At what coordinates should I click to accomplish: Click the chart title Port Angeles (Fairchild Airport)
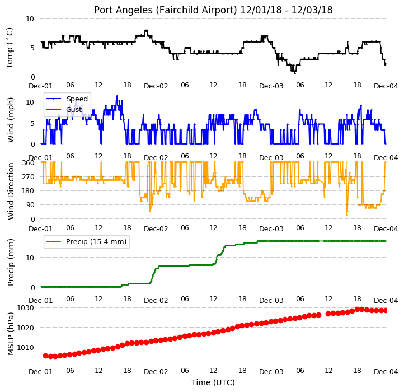tap(166, 10)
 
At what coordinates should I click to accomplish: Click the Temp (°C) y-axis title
tap(10, 48)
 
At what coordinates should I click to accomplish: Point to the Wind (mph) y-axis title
tap(10, 120)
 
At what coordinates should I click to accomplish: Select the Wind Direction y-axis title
tap(10, 191)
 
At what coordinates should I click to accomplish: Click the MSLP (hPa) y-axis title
tap(10, 334)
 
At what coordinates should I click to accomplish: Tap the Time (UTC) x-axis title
tap(213, 382)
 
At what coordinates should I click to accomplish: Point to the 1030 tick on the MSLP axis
tap(25, 307)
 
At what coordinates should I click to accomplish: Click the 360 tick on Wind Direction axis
tap(28, 163)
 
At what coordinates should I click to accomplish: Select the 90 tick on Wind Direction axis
tap(30, 205)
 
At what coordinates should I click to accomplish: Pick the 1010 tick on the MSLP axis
tap(25, 347)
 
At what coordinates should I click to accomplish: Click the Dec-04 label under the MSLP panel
tap(386, 372)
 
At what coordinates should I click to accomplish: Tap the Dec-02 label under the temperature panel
tap(156, 86)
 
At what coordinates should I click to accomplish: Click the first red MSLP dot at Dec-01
tap(46, 356)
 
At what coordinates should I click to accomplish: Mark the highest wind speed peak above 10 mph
tap(117, 96)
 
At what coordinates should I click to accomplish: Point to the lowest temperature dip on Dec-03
tap(295, 73)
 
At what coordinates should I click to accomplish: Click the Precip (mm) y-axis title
tap(10, 263)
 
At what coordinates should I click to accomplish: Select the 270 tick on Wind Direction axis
tap(28, 176)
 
